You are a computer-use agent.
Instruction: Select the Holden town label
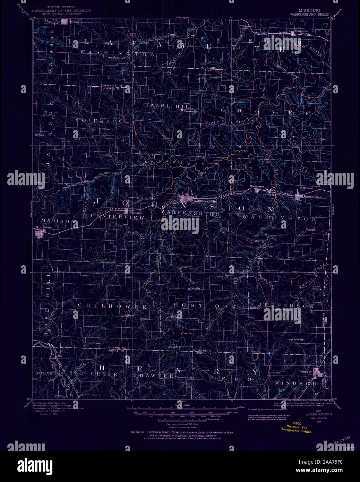click(45, 227)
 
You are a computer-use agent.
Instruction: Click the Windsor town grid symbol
click(317, 373)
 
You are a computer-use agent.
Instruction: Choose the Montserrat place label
click(257, 187)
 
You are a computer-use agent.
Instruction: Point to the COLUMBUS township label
click(99, 122)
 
